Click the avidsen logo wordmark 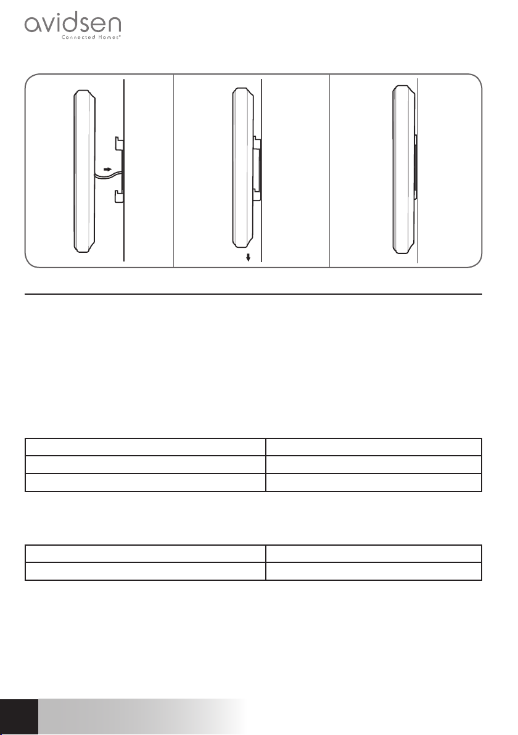(73, 23)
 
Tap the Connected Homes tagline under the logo (91, 37)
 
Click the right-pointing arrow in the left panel (107, 168)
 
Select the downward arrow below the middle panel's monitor (248, 257)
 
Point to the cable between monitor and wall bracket (109, 175)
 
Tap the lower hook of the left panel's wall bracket (119, 197)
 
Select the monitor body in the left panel (85, 171)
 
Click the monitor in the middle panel (244, 168)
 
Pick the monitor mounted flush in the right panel (403, 169)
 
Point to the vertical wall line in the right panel (417, 171)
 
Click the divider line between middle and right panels (329, 171)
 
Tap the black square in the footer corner (18, 717)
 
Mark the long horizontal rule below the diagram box (253, 294)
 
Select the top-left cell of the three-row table (146, 447)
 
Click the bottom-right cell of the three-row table (374, 482)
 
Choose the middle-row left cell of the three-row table (146, 464)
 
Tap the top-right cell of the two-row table (374, 554)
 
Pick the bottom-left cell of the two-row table (146, 571)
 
